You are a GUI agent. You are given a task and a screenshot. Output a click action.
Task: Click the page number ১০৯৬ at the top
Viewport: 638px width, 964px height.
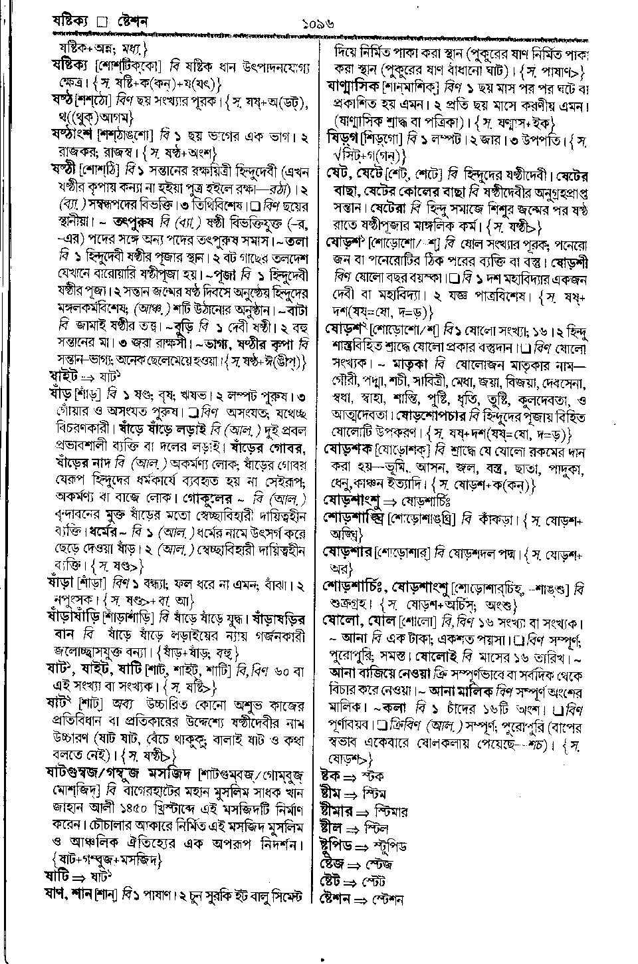click(x=319, y=24)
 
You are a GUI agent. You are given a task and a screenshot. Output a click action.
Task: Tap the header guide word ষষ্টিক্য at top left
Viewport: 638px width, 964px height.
click(x=72, y=23)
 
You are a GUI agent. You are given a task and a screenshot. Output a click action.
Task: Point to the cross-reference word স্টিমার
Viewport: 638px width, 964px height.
click(x=391, y=811)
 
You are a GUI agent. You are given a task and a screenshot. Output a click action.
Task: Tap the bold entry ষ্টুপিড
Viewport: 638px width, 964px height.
click(x=336, y=846)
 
